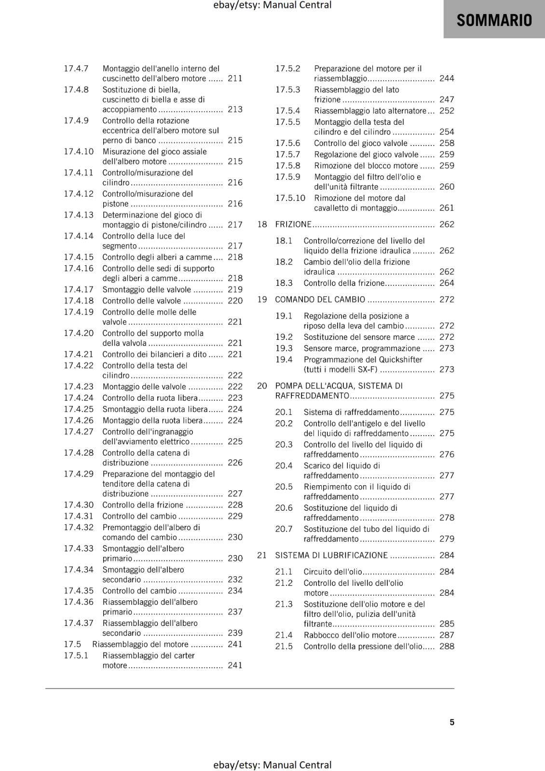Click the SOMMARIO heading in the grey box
pyautogui.click(x=494, y=20)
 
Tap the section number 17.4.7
pyautogui.click(x=76, y=68)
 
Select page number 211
pyautogui.click(x=235, y=78)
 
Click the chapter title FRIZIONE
pyautogui.click(x=293, y=224)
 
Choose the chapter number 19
pyautogui.click(x=262, y=299)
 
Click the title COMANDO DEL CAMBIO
pyautogui.click(x=320, y=299)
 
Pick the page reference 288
pyautogui.click(x=447, y=646)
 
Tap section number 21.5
pyautogui.click(x=284, y=646)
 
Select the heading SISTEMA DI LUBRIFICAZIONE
pyautogui.click(x=331, y=555)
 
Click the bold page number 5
pyautogui.click(x=452, y=722)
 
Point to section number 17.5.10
pyautogui.click(x=290, y=198)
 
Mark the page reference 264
pyautogui.click(x=447, y=283)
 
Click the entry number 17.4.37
pyautogui.click(x=79, y=623)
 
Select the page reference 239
pyautogui.click(x=235, y=633)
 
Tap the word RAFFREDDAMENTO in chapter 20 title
pyautogui.click(x=312, y=396)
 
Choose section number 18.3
pyautogui.click(x=284, y=283)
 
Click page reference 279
pyautogui.click(x=447, y=539)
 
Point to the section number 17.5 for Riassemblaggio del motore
pyautogui.click(x=72, y=644)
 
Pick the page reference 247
pyautogui.click(x=447, y=99)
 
